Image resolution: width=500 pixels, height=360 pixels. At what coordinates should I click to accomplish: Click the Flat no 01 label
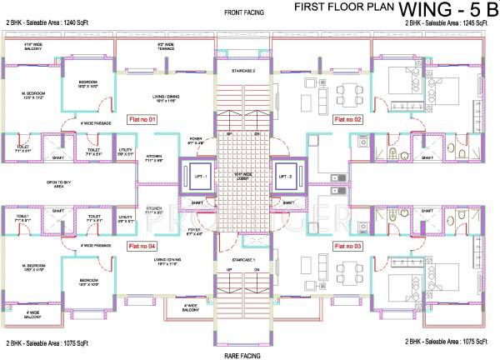(x=141, y=120)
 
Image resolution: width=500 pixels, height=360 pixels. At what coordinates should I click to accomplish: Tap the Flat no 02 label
(x=347, y=120)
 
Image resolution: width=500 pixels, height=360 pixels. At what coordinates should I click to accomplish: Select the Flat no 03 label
(x=347, y=247)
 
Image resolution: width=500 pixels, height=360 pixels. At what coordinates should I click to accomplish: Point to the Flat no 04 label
(x=141, y=247)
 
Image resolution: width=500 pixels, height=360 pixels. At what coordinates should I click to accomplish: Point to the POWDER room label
(x=197, y=139)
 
